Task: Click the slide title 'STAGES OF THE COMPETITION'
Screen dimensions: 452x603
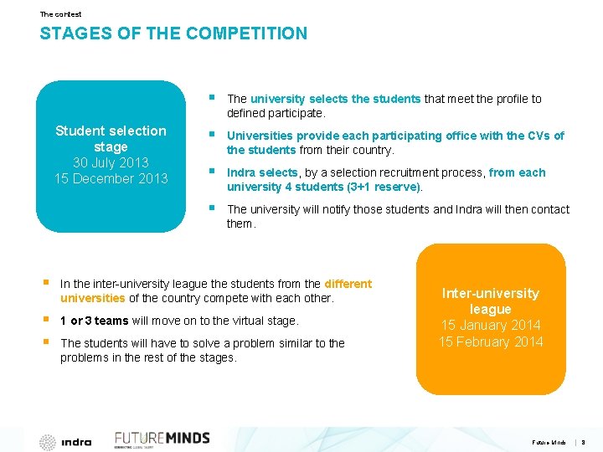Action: pos(173,34)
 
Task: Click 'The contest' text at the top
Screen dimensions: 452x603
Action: pos(60,14)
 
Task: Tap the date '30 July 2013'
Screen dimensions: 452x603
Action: pos(111,162)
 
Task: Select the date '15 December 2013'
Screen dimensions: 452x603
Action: pos(111,178)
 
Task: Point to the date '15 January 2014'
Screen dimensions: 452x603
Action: pos(491,325)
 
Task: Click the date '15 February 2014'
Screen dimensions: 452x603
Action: pos(491,342)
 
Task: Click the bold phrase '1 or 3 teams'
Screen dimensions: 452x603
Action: pos(95,321)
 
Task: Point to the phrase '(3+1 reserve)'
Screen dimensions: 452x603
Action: pos(386,187)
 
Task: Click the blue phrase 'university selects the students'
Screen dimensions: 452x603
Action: pos(335,99)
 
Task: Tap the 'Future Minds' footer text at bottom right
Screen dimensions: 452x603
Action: pos(549,442)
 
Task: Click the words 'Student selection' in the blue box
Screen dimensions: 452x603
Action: pos(111,131)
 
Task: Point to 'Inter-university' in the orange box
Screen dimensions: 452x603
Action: pos(491,293)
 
